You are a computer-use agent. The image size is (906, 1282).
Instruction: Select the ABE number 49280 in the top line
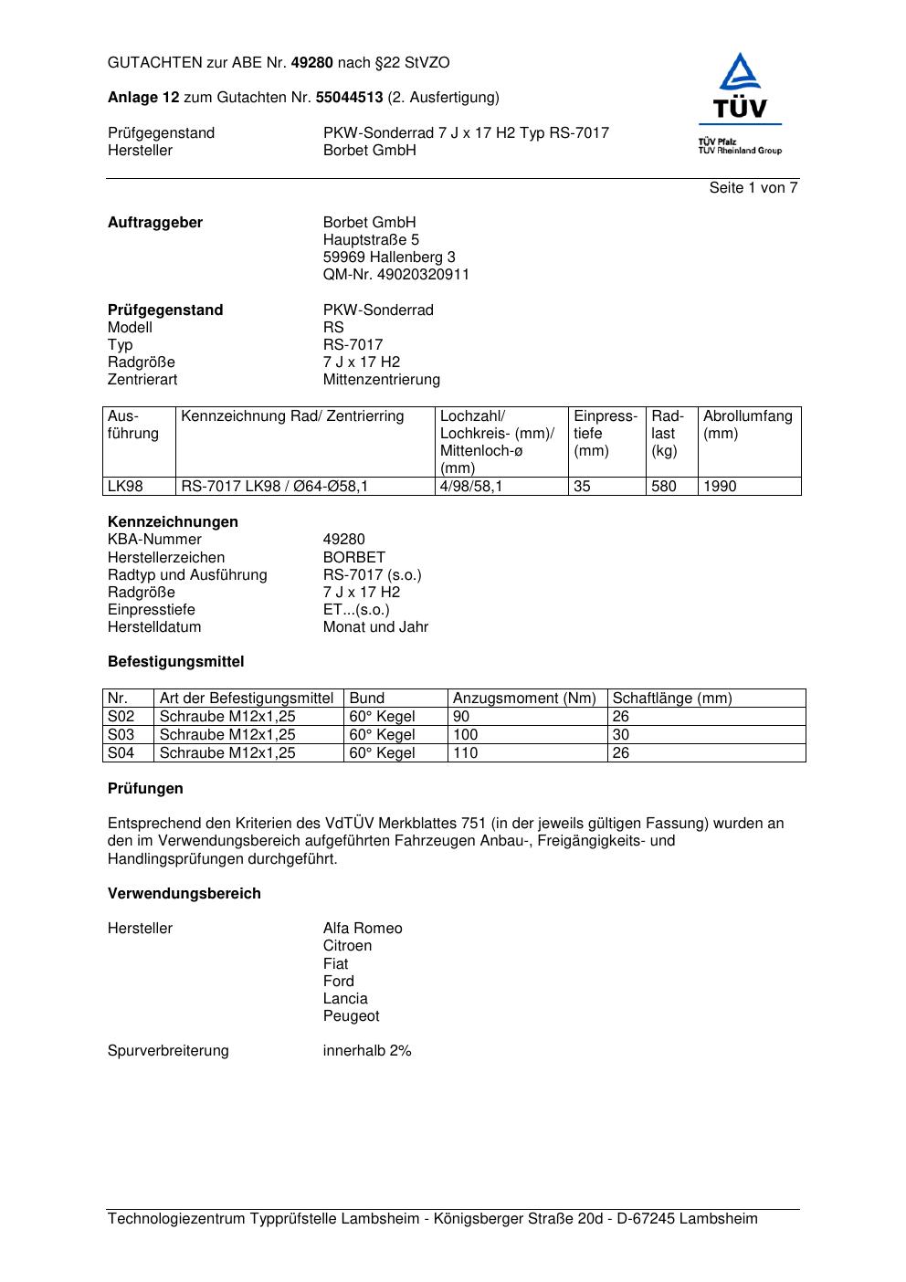coord(311,63)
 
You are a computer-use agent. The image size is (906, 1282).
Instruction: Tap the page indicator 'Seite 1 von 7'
coord(753,188)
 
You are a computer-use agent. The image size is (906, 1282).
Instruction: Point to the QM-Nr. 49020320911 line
coord(396,275)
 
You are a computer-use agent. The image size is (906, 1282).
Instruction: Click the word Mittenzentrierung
coord(381,380)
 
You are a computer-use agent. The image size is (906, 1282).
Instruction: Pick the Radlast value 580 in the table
coord(664,487)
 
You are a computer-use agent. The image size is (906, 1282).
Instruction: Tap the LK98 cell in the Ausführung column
coord(126,487)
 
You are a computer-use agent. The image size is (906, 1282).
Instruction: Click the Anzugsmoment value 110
coord(466,753)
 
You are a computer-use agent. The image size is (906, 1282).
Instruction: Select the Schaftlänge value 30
coord(621,735)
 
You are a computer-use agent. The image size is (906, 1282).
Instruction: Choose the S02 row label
coord(121,717)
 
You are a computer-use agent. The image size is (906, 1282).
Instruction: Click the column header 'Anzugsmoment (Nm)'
coord(524,699)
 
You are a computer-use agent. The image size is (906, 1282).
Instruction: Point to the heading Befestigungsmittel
coord(175,662)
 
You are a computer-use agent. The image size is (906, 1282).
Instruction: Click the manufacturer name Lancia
coord(345,999)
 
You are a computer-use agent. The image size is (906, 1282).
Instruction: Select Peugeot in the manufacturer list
coord(351,1016)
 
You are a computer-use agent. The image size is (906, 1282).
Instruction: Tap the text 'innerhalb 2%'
coord(367,1051)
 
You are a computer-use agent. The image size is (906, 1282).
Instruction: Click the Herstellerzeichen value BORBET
coord(354,558)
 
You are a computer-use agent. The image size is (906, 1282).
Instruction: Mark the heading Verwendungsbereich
coord(184,894)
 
